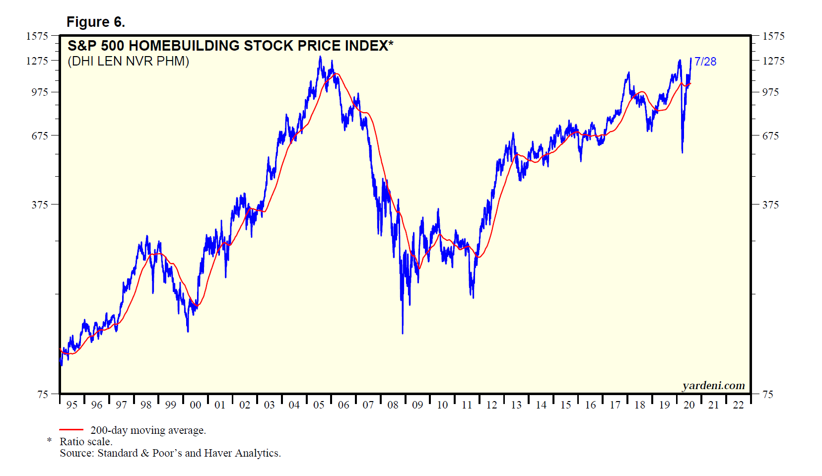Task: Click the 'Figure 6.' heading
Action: coord(96,22)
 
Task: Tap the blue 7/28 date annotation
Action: coord(705,62)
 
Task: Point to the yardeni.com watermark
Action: coord(713,386)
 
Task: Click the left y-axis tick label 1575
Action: coord(37,36)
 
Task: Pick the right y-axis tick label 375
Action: coord(770,204)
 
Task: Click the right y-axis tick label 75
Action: coord(768,394)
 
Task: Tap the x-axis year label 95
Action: coord(72,405)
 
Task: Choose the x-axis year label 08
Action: coord(393,405)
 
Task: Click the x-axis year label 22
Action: coord(738,405)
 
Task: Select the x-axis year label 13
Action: coord(516,405)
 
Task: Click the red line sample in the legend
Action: coord(71,430)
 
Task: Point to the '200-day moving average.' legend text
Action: coord(148,430)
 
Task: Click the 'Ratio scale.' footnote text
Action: coord(86,442)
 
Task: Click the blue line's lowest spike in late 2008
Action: coord(402,333)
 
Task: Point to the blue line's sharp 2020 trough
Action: coord(682,152)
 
